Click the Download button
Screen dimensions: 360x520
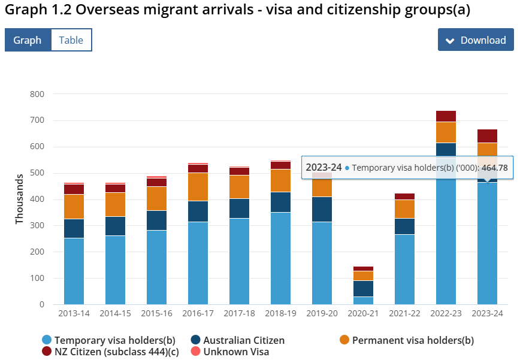pos(476,40)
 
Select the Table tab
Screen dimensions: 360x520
pos(71,40)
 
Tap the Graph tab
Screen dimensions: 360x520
pos(28,40)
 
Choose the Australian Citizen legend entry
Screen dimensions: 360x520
pos(243,340)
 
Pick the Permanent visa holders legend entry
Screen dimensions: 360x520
pos(412,340)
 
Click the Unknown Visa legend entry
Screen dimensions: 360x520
pos(235,352)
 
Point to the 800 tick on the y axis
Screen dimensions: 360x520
pos(37,94)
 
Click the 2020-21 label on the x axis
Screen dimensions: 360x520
pos(364,313)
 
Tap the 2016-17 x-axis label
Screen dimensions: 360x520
pos(198,313)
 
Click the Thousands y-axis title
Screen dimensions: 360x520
pos(19,199)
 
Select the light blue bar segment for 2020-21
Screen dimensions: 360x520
pos(364,301)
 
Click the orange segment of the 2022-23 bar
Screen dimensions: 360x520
pos(446,132)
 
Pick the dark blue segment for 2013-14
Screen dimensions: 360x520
pos(74,228)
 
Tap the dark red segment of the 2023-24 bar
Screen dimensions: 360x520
pos(488,136)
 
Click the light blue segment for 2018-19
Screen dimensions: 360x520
pos(281,258)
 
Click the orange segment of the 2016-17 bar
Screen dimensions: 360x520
pos(198,187)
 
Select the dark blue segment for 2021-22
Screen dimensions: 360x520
pos(405,226)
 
